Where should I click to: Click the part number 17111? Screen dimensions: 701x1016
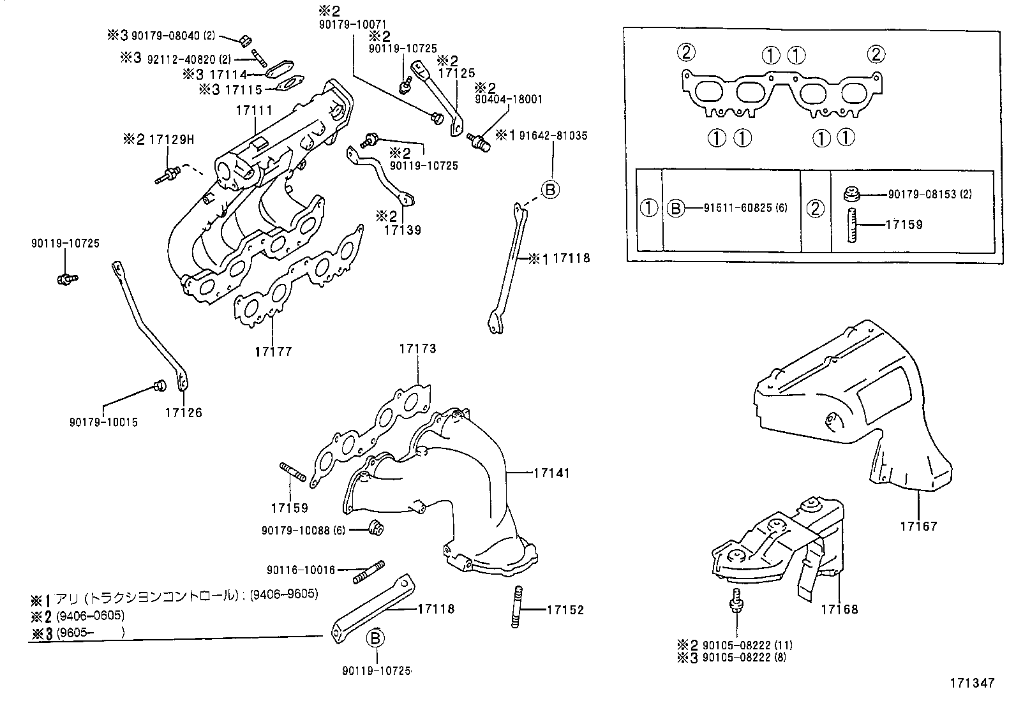(254, 110)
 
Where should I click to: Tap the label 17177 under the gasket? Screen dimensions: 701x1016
(273, 351)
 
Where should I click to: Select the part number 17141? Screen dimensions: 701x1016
(551, 473)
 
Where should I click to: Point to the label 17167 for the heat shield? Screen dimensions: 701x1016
(919, 526)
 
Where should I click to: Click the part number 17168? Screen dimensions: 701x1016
(839, 609)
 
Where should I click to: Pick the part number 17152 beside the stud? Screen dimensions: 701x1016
(565, 610)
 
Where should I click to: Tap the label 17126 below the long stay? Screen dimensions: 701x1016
(183, 413)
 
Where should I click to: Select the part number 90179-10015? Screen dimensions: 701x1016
(103, 422)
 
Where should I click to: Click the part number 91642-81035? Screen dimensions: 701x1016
(553, 136)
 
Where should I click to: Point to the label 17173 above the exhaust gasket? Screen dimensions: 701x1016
(418, 349)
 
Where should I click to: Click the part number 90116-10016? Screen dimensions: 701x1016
(301, 570)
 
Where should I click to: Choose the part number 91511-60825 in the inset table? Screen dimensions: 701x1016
(737, 208)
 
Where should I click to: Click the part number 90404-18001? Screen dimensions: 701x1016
(508, 99)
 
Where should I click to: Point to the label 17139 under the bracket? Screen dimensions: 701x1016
(403, 230)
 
